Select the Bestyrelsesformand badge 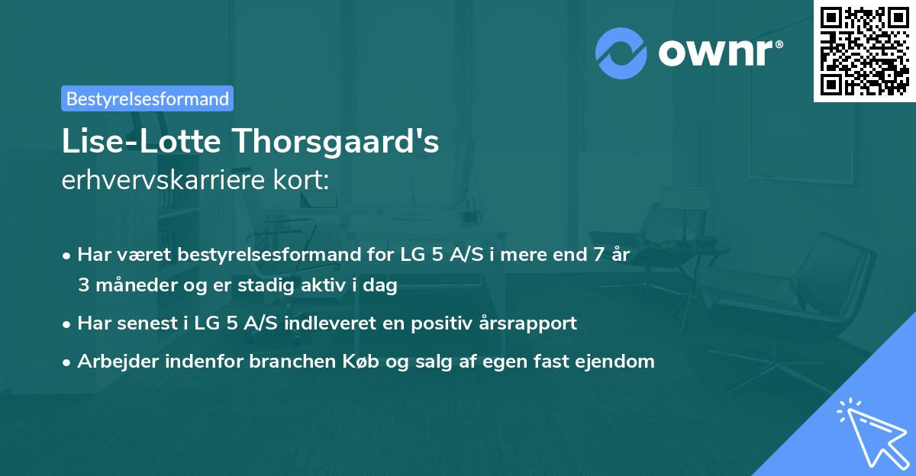pyautogui.click(x=147, y=98)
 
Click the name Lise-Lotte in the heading pyautogui.click(x=127, y=143)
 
